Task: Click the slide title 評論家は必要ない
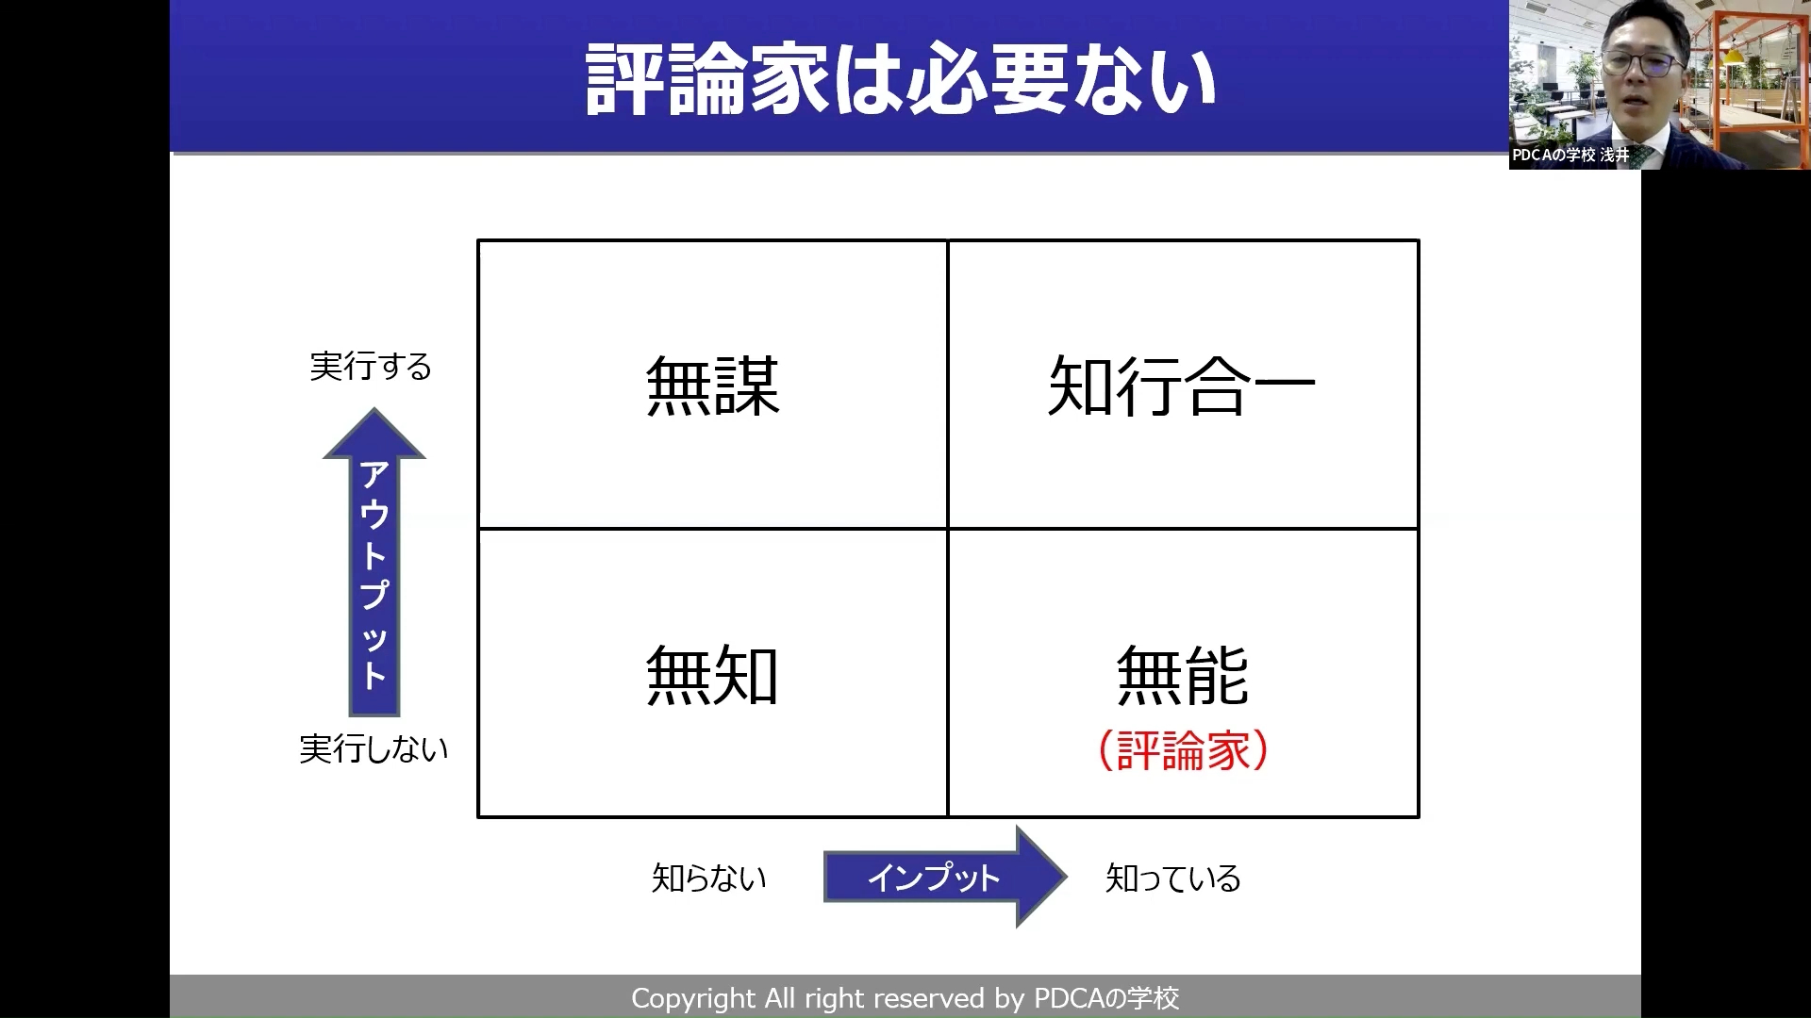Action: [901, 79]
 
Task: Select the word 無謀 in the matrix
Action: [713, 386]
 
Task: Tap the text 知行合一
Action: [1182, 386]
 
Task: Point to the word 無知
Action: [712, 675]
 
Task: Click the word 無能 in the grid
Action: [1183, 675]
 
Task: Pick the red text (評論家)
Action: [1184, 751]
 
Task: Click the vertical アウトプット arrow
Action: [374, 562]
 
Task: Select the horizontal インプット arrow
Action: [945, 877]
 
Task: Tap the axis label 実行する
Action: [371, 366]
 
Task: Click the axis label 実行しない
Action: [374, 749]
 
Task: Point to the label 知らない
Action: [709, 878]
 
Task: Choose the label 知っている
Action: [1173, 878]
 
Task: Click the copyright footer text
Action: [905, 998]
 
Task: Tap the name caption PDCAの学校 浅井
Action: [1570, 155]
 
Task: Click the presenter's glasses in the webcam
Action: [1644, 64]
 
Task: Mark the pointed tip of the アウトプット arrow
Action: [374, 409]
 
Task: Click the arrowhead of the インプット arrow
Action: [1041, 877]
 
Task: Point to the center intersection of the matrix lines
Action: [948, 529]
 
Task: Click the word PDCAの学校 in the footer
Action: [1106, 998]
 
